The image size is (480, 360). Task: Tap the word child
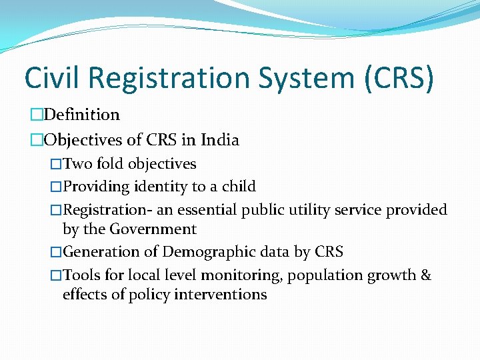click(x=239, y=187)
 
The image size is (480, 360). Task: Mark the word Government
click(x=153, y=229)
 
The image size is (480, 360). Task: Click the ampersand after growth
click(x=426, y=275)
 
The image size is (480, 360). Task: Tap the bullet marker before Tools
click(x=57, y=275)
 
